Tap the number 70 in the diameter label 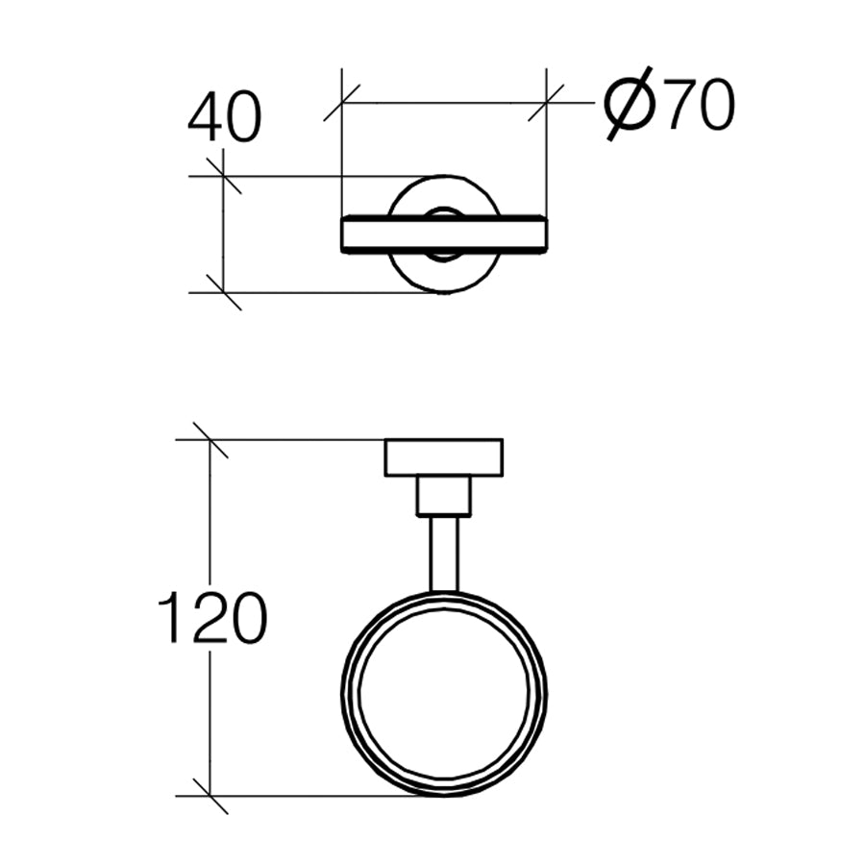(x=699, y=105)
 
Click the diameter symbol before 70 (x=630, y=105)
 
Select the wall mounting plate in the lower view (x=443, y=457)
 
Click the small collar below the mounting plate (x=443, y=496)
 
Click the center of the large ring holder (x=443, y=694)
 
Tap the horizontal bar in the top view (x=443, y=235)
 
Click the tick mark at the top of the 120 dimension (x=210, y=439)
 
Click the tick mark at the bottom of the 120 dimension (x=210, y=796)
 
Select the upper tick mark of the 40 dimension (x=223, y=176)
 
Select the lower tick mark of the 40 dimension (x=223, y=292)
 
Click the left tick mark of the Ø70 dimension (x=342, y=102)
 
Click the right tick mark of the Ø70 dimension (x=546, y=102)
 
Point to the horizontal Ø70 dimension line (x=443, y=102)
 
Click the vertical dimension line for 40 (x=223, y=234)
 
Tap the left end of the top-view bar (x=345, y=235)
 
